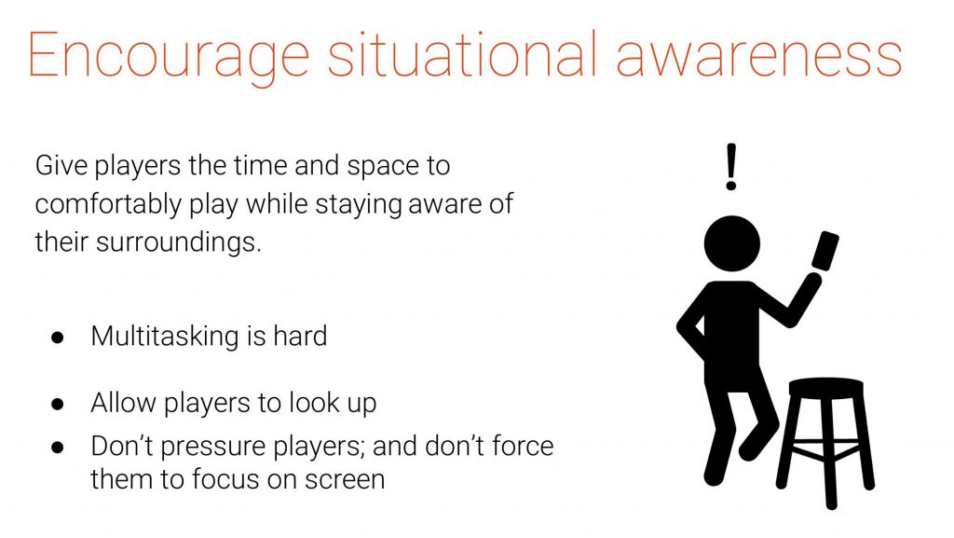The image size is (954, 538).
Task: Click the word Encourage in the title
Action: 169,57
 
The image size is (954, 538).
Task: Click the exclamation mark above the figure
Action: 731,167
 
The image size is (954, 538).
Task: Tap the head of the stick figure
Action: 732,243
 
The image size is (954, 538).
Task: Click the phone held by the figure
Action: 825,250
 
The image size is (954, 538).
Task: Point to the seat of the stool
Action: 825,388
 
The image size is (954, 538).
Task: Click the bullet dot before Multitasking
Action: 58,338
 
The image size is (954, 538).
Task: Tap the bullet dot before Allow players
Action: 58,404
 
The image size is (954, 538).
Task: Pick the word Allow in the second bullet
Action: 123,403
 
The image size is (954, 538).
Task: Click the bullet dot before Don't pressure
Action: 58,448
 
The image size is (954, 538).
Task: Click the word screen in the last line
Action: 345,480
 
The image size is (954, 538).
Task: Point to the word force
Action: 523,446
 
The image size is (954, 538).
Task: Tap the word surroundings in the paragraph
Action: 179,242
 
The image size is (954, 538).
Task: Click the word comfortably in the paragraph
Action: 108,204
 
